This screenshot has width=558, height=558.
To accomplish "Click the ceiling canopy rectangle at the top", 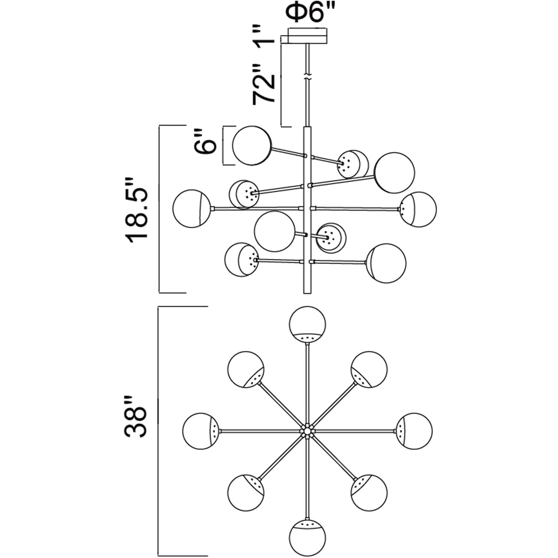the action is (x=307, y=36).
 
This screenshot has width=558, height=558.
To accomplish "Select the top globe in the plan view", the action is (x=307, y=324).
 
